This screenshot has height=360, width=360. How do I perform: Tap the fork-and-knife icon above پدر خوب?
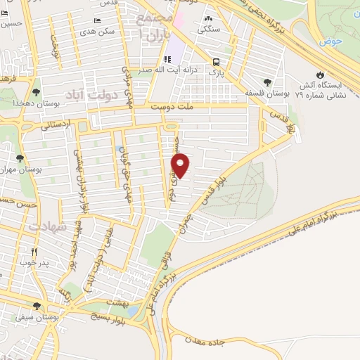[x=32, y=252]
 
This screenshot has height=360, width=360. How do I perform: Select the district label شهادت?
[x=56, y=228]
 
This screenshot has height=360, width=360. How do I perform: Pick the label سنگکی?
[x=209, y=30]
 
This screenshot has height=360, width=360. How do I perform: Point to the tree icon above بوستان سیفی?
[x=36, y=306]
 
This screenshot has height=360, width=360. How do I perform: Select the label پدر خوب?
[x=33, y=263]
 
